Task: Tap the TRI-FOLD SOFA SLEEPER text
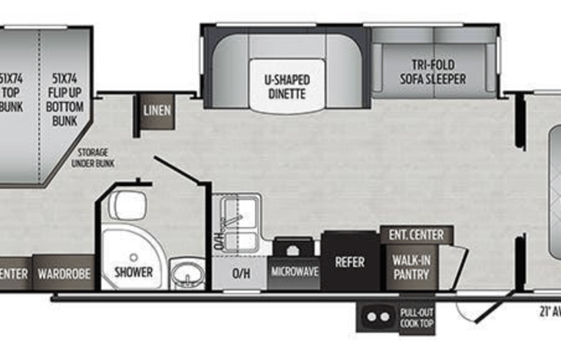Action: [x=432, y=71]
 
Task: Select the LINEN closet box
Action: [x=157, y=111]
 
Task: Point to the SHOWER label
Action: [x=134, y=272]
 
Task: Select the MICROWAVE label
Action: [x=293, y=272]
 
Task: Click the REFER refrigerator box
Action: [x=349, y=262]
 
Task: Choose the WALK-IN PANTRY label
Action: [x=411, y=267]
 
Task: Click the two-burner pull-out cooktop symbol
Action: [x=377, y=317]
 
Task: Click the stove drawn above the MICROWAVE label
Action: [x=293, y=249]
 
